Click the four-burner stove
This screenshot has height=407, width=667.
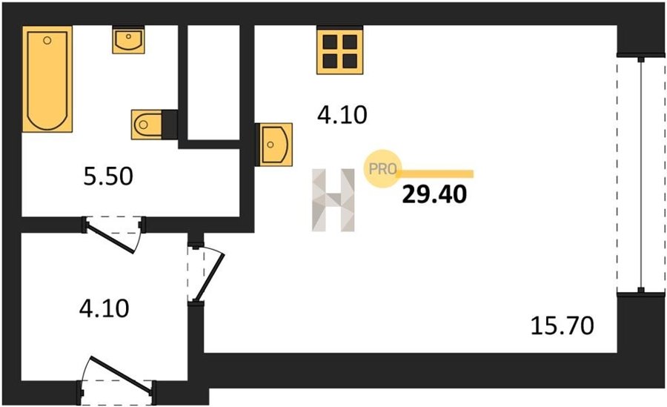pyautogui.click(x=341, y=50)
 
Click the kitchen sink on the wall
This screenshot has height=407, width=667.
pyautogui.click(x=275, y=143)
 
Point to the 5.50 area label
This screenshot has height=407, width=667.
pyautogui.click(x=107, y=178)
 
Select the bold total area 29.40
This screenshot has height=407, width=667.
pyautogui.click(x=434, y=194)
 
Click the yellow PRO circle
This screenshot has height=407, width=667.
pyautogui.click(x=383, y=168)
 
